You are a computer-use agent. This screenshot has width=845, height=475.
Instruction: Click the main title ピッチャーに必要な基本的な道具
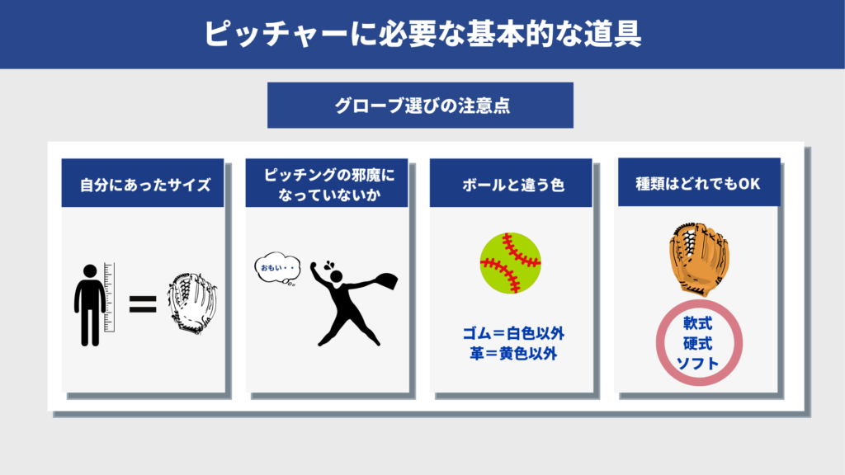[422, 34]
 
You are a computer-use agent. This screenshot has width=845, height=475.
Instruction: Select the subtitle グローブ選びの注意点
[422, 106]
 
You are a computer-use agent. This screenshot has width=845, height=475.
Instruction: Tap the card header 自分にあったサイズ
[145, 185]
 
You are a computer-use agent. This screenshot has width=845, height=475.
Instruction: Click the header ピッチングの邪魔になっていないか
[328, 184]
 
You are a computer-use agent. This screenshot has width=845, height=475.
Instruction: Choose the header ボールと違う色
[513, 185]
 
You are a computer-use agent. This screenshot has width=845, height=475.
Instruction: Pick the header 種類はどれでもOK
[698, 184]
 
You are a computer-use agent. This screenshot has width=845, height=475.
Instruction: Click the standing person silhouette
[90, 305]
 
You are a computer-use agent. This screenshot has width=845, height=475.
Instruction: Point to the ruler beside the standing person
[110, 297]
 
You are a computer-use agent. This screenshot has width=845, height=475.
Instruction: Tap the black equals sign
[143, 304]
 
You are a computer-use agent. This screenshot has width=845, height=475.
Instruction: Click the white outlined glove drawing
[191, 303]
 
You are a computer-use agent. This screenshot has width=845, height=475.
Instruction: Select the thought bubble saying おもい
[277, 268]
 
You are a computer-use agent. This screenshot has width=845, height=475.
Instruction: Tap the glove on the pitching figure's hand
[386, 281]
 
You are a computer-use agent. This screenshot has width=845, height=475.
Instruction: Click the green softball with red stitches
[510, 263]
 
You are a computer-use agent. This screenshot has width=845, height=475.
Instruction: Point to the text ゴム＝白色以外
[513, 333]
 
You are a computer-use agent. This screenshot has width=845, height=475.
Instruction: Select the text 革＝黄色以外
[513, 354]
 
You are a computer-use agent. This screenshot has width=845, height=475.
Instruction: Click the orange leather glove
[699, 260]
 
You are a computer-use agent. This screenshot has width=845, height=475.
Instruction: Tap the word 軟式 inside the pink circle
[698, 323]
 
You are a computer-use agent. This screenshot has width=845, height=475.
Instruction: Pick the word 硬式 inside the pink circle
[698, 344]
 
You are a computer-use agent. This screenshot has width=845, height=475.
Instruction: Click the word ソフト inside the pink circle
[698, 364]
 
